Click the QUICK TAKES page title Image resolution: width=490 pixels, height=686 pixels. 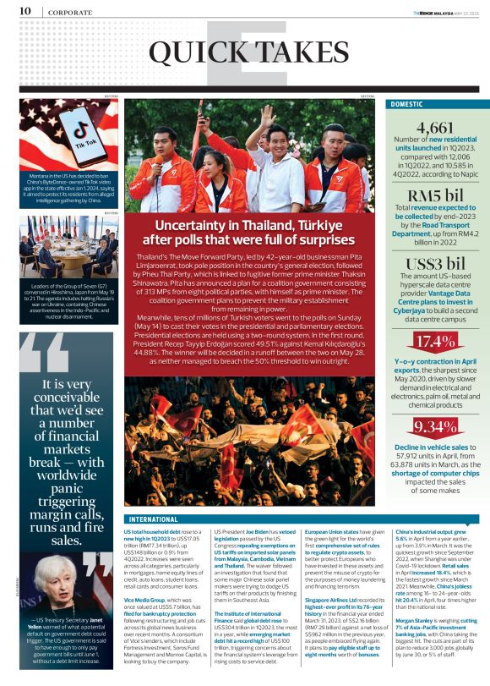245,55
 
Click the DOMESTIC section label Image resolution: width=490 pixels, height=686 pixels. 411,104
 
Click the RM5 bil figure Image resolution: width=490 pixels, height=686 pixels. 431,195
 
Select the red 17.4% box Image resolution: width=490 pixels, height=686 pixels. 431,342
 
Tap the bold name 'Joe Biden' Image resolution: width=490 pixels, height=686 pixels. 256,531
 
